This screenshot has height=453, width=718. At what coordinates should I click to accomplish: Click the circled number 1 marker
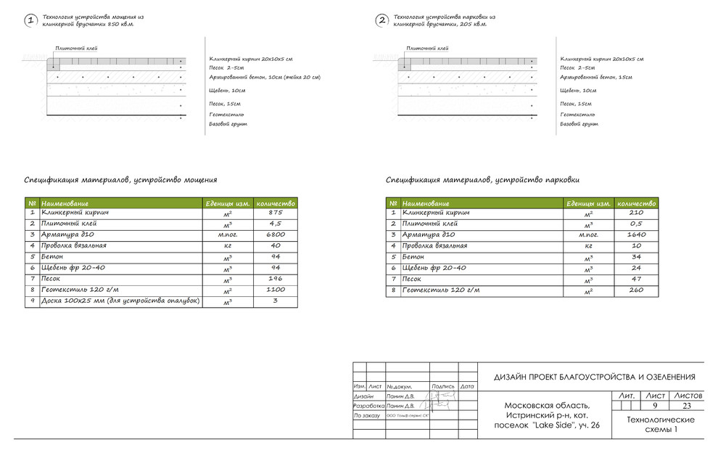click(x=30, y=21)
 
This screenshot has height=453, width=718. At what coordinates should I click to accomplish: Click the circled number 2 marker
click(x=382, y=21)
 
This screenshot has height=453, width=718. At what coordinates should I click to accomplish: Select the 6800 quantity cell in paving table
click(x=276, y=235)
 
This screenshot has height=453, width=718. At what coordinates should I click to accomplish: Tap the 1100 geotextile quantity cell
click(x=276, y=290)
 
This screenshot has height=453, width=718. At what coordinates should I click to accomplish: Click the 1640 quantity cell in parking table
click(x=637, y=235)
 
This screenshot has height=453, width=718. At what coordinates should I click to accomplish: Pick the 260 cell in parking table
click(x=637, y=290)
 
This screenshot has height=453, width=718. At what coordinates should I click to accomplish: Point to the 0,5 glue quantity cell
click(x=637, y=224)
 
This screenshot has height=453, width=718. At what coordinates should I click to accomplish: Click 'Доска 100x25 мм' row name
click(x=120, y=301)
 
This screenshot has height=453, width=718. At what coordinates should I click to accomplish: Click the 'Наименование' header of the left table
click(x=65, y=203)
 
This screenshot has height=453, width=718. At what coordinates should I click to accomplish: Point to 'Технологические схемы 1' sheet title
click(x=660, y=425)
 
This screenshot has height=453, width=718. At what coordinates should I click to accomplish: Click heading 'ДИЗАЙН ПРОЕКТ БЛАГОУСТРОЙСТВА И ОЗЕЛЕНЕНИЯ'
click(x=595, y=377)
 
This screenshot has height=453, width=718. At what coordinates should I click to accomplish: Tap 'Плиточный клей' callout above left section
click(x=77, y=49)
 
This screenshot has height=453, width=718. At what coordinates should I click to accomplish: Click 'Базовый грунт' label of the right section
click(x=579, y=124)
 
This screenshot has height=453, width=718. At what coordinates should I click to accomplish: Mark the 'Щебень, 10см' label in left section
click(x=227, y=91)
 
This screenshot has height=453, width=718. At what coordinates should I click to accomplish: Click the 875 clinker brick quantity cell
click(x=276, y=213)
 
